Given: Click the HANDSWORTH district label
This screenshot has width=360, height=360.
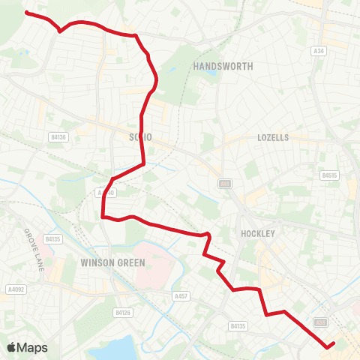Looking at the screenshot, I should (223, 66).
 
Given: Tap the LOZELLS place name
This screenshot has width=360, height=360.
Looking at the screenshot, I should (273, 137).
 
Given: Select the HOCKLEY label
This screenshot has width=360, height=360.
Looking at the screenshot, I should (258, 233).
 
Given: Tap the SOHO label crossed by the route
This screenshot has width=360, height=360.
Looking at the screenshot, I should (140, 137).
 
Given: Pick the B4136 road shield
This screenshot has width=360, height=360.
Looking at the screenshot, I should (58, 136).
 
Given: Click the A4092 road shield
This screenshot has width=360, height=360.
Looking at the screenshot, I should (12, 288).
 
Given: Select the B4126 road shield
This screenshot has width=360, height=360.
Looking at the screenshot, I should (123, 311).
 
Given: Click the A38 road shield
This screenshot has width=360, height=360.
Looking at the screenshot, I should (321, 322).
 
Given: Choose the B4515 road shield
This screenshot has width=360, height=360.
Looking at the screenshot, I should (328, 175).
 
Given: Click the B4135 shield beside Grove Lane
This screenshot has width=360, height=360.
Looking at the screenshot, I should (52, 238).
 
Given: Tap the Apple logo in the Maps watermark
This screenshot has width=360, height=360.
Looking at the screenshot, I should (12, 347).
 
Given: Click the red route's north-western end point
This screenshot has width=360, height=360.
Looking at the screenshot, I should (27, 13).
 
